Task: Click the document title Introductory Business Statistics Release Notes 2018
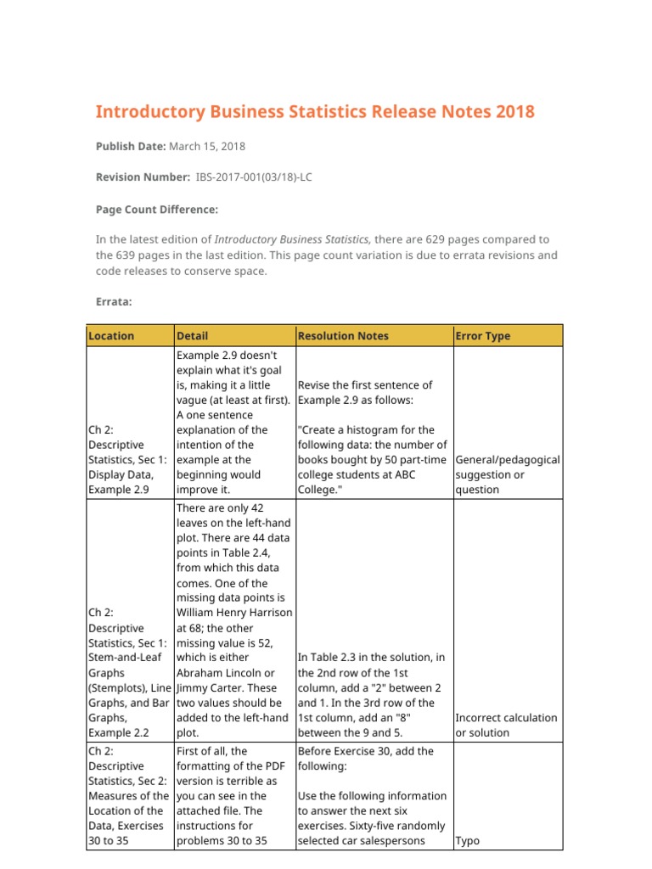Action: click(x=315, y=112)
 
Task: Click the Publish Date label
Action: click(x=131, y=146)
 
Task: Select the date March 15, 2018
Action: click(x=207, y=146)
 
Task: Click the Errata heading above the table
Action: click(x=114, y=300)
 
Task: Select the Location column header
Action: click(x=111, y=335)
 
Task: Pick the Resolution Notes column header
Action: click(x=343, y=335)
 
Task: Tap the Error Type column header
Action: click(x=483, y=335)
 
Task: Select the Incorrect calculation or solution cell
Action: click(x=507, y=725)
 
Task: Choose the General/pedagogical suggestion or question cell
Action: click(x=508, y=474)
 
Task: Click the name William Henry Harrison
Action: click(x=233, y=613)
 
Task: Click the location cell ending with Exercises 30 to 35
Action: click(x=129, y=796)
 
